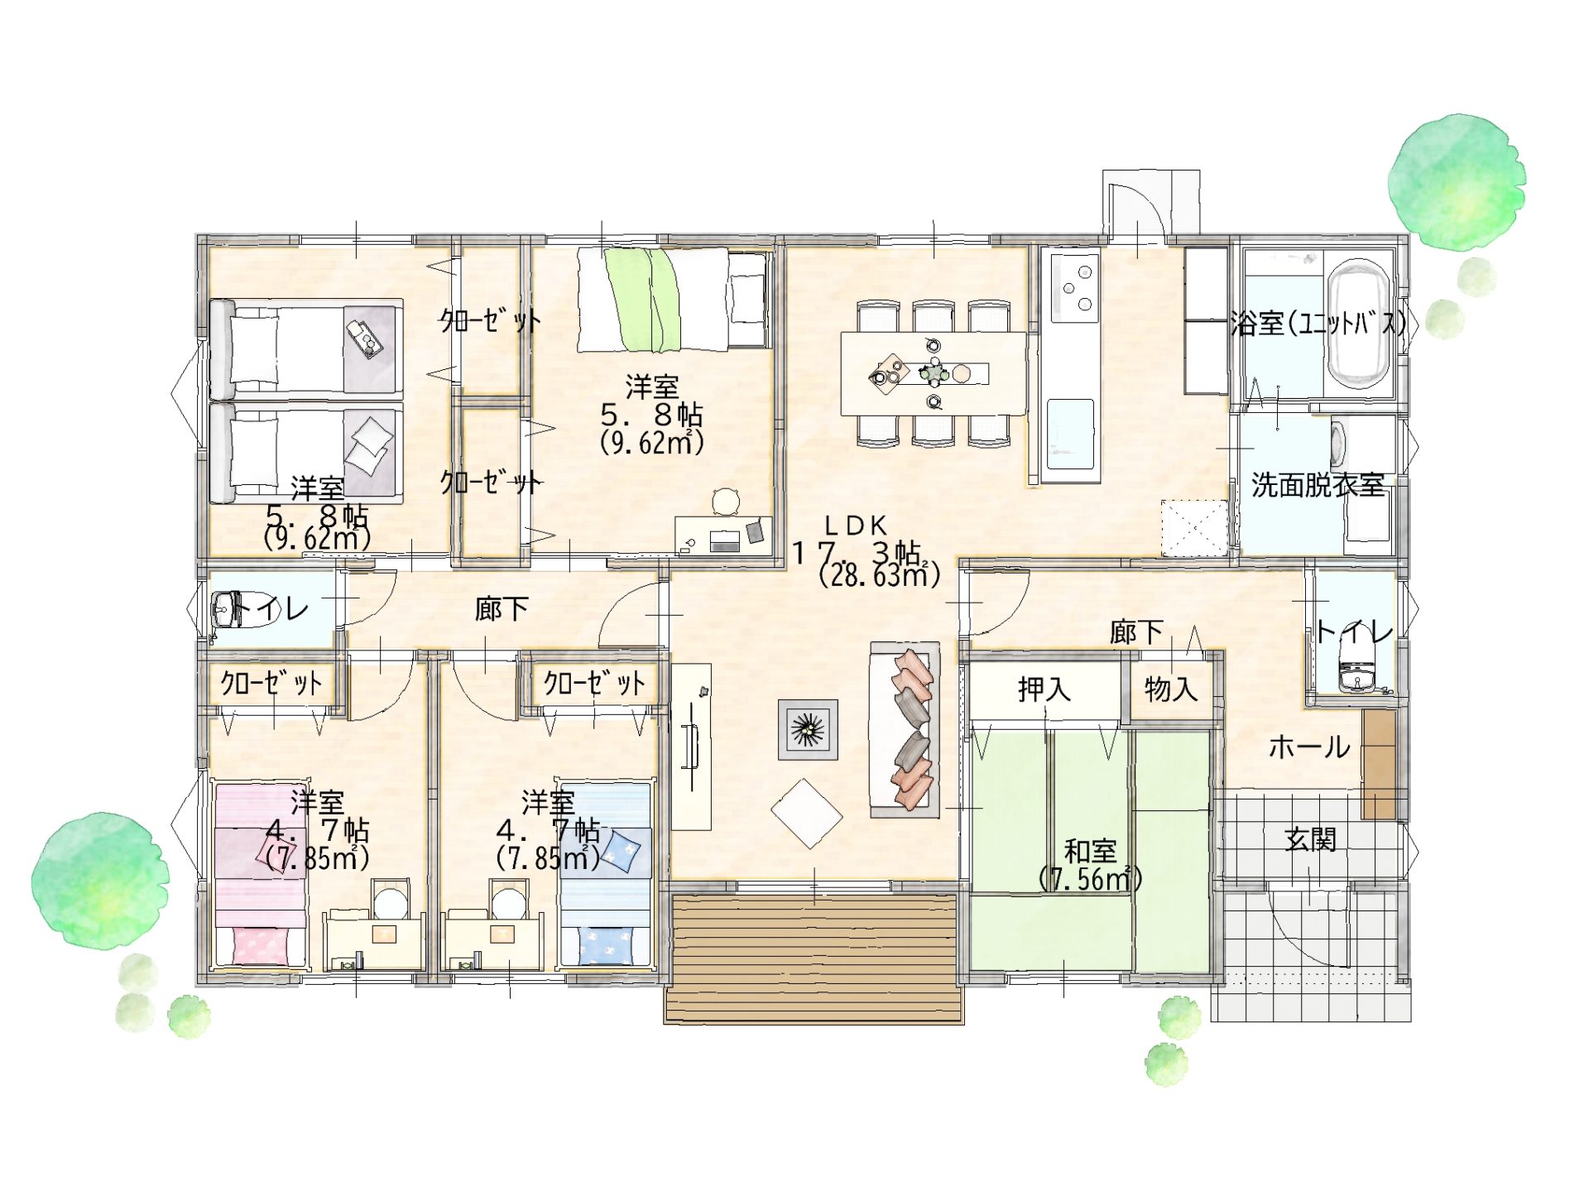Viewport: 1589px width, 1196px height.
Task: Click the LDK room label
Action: pyautogui.click(x=856, y=526)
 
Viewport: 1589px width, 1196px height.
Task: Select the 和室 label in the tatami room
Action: pyautogui.click(x=1090, y=851)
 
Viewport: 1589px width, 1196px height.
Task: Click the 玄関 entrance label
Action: pyautogui.click(x=1311, y=839)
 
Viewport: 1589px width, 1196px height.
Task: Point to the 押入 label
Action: pyautogui.click(x=1044, y=689)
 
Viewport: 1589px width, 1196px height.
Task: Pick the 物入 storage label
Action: pyautogui.click(x=1171, y=689)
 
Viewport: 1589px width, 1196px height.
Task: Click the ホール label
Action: pyautogui.click(x=1309, y=747)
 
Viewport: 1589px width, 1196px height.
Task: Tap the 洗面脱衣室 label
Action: pyautogui.click(x=1318, y=485)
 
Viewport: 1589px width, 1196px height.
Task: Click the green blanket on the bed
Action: pyautogui.click(x=642, y=300)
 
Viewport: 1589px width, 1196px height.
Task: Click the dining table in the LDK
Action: pyautogui.click(x=934, y=374)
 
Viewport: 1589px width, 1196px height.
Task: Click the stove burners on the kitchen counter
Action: pyautogui.click(x=1075, y=288)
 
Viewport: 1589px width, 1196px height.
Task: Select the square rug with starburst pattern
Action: pyautogui.click(x=808, y=729)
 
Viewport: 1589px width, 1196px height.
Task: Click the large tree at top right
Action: pyautogui.click(x=1457, y=184)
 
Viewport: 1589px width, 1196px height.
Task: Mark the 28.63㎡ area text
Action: pyautogui.click(x=879, y=574)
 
